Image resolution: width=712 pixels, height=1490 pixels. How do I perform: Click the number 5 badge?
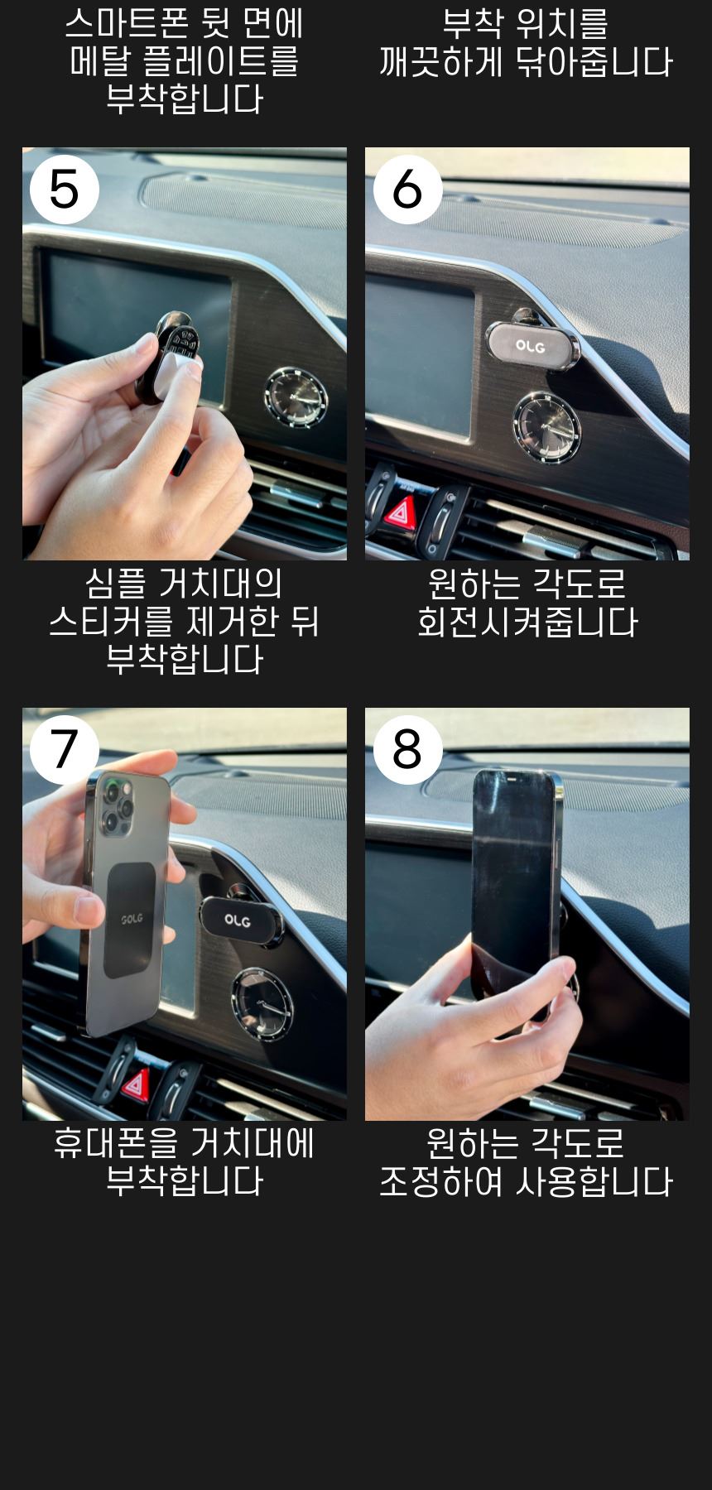click(65, 189)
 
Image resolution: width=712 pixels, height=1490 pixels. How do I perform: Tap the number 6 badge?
click(407, 189)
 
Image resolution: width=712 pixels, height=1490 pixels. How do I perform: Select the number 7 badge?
click(65, 749)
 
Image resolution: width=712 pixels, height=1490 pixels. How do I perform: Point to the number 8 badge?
click(407, 749)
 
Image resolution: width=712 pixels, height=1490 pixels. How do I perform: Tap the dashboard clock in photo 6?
click(546, 429)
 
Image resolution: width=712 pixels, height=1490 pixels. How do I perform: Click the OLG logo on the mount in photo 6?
click(530, 345)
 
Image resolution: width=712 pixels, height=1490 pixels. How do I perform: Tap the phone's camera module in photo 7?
click(115, 804)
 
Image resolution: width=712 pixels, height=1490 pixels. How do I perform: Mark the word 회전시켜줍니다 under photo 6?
click(527, 622)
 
